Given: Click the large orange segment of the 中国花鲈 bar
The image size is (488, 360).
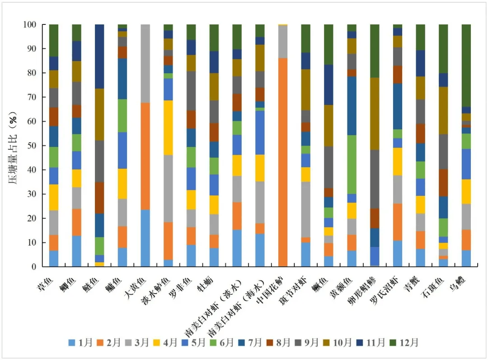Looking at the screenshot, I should pyautogui.click(x=283, y=162).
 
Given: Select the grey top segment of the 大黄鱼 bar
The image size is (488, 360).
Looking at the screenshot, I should pyautogui.click(x=145, y=63).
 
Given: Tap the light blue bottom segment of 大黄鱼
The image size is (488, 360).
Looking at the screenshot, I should pyautogui.click(x=145, y=238).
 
